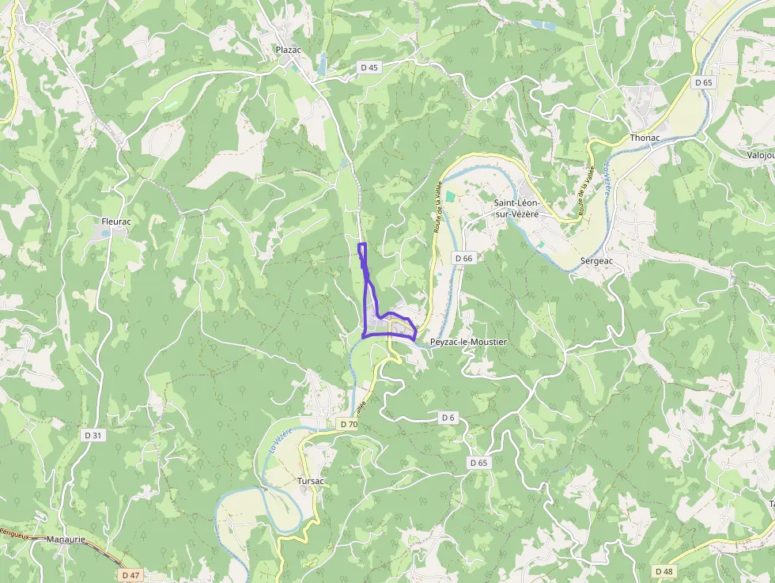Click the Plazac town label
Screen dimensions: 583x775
pyautogui.click(x=289, y=50)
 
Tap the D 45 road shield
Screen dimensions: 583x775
pyautogui.click(x=369, y=67)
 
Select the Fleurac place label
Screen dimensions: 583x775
pyautogui.click(x=115, y=221)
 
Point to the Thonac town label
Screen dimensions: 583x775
pyautogui.click(x=645, y=137)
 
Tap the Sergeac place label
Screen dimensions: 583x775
pyautogui.click(x=596, y=260)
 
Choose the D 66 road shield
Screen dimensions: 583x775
pyautogui.click(x=463, y=258)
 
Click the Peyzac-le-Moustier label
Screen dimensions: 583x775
pyautogui.click(x=468, y=342)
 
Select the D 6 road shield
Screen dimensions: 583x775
pyautogui.click(x=448, y=417)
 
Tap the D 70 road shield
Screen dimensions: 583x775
pyautogui.click(x=349, y=424)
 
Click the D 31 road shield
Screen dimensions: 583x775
pyautogui.click(x=93, y=435)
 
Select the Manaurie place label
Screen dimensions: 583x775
pyautogui.click(x=66, y=539)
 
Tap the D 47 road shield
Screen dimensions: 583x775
pyautogui.click(x=131, y=574)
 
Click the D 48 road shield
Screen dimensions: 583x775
pyautogui.click(x=664, y=571)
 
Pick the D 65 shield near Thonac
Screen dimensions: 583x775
pyautogui.click(x=704, y=82)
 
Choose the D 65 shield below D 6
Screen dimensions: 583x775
pyautogui.click(x=478, y=462)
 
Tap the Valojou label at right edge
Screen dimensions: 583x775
pyautogui.click(x=760, y=155)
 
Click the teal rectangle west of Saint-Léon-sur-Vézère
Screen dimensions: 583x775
pyautogui.click(x=450, y=195)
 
